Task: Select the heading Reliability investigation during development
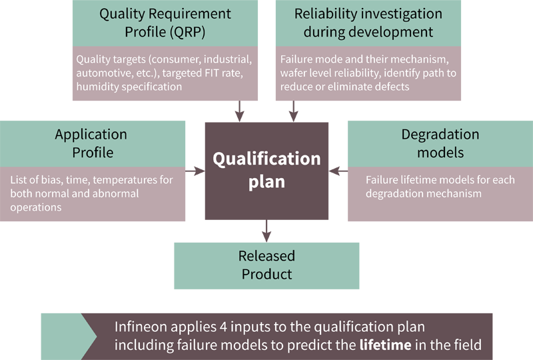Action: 368,23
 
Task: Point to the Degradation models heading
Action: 440,143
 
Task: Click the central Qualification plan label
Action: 266,169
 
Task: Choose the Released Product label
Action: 266,265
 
